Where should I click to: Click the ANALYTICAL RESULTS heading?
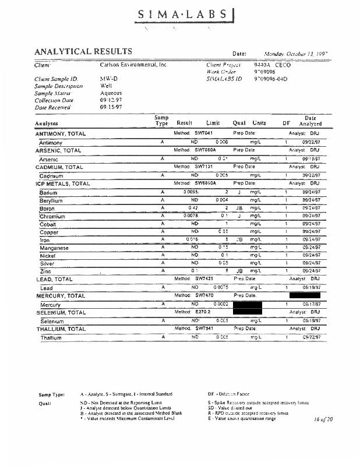coord(83,52)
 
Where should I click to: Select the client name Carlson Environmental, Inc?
coord(133,65)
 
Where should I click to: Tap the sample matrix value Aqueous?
coord(111,93)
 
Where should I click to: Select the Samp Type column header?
coord(162,121)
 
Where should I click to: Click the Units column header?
coord(259,123)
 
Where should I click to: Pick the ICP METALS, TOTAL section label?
coord(63,183)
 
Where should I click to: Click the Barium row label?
coord(48,192)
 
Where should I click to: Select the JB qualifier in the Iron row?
coord(239,239)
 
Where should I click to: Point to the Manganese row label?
coord(54,248)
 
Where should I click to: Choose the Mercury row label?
coord(50,305)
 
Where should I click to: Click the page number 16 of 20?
coord(322,419)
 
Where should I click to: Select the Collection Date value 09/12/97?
coord(111,100)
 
